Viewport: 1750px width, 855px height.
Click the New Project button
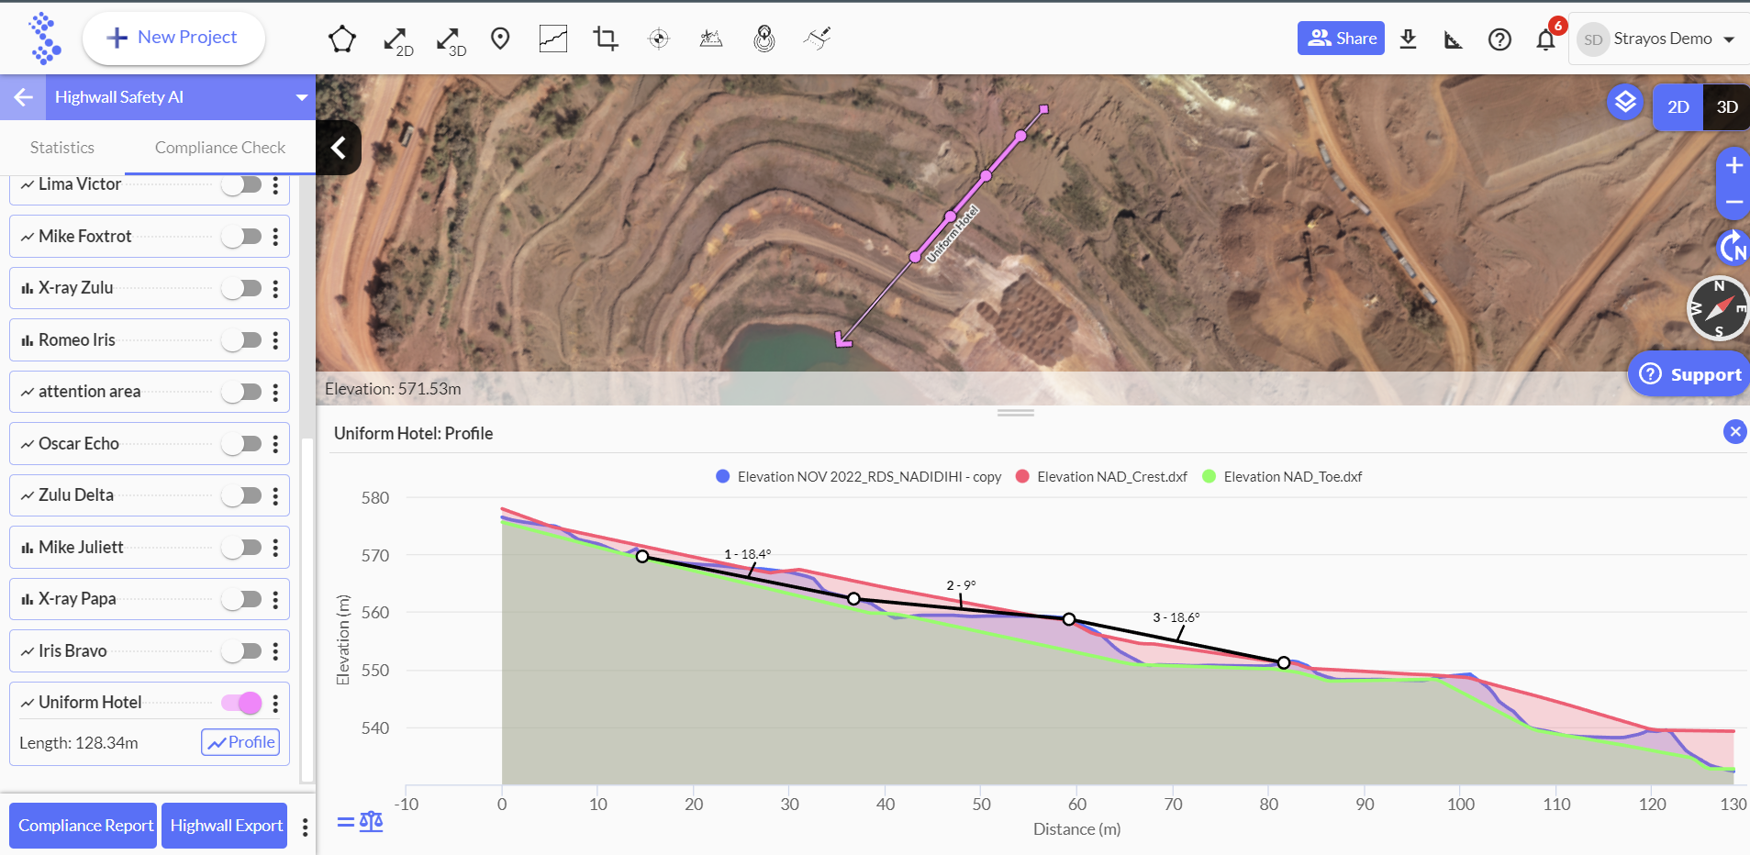click(173, 39)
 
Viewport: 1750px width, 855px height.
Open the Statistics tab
click(62, 148)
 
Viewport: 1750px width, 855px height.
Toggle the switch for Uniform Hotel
click(242, 703)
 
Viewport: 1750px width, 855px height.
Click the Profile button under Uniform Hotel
click(240, 742)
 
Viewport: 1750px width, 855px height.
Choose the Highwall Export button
click(225, 826)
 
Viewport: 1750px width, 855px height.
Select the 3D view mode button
click(1726, 107)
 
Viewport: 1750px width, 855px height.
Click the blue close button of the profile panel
click(1734, 431)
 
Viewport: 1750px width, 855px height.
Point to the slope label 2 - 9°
click(961, 585)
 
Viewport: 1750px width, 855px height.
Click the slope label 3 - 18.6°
click(1176, 617)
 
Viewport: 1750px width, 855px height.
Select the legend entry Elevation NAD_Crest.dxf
click(1101, 476)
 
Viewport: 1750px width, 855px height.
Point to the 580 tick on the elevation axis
click(375, 498)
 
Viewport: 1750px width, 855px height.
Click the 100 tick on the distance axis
click(1461, 805)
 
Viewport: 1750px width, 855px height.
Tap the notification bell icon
click(1546, 39)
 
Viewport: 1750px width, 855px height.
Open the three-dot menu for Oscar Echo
click(275, 444)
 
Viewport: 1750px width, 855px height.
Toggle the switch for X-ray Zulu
click(242, 288)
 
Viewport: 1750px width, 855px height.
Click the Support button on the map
click(1690, 374)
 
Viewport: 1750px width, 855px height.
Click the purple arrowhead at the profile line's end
click(842, 340)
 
